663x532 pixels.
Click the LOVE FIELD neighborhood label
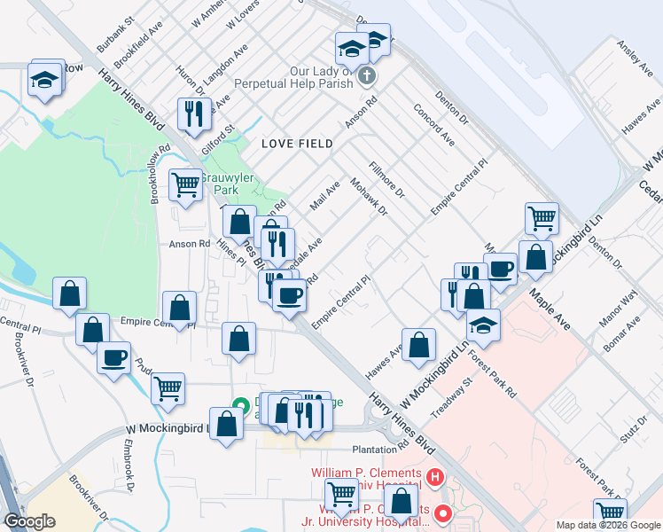297,144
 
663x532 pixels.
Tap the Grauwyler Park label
228,184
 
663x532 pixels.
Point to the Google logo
29,521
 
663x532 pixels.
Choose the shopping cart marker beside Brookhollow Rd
185,184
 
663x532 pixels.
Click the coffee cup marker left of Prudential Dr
113,358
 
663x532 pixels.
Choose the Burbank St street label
115,30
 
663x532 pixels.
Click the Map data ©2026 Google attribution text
608,525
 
